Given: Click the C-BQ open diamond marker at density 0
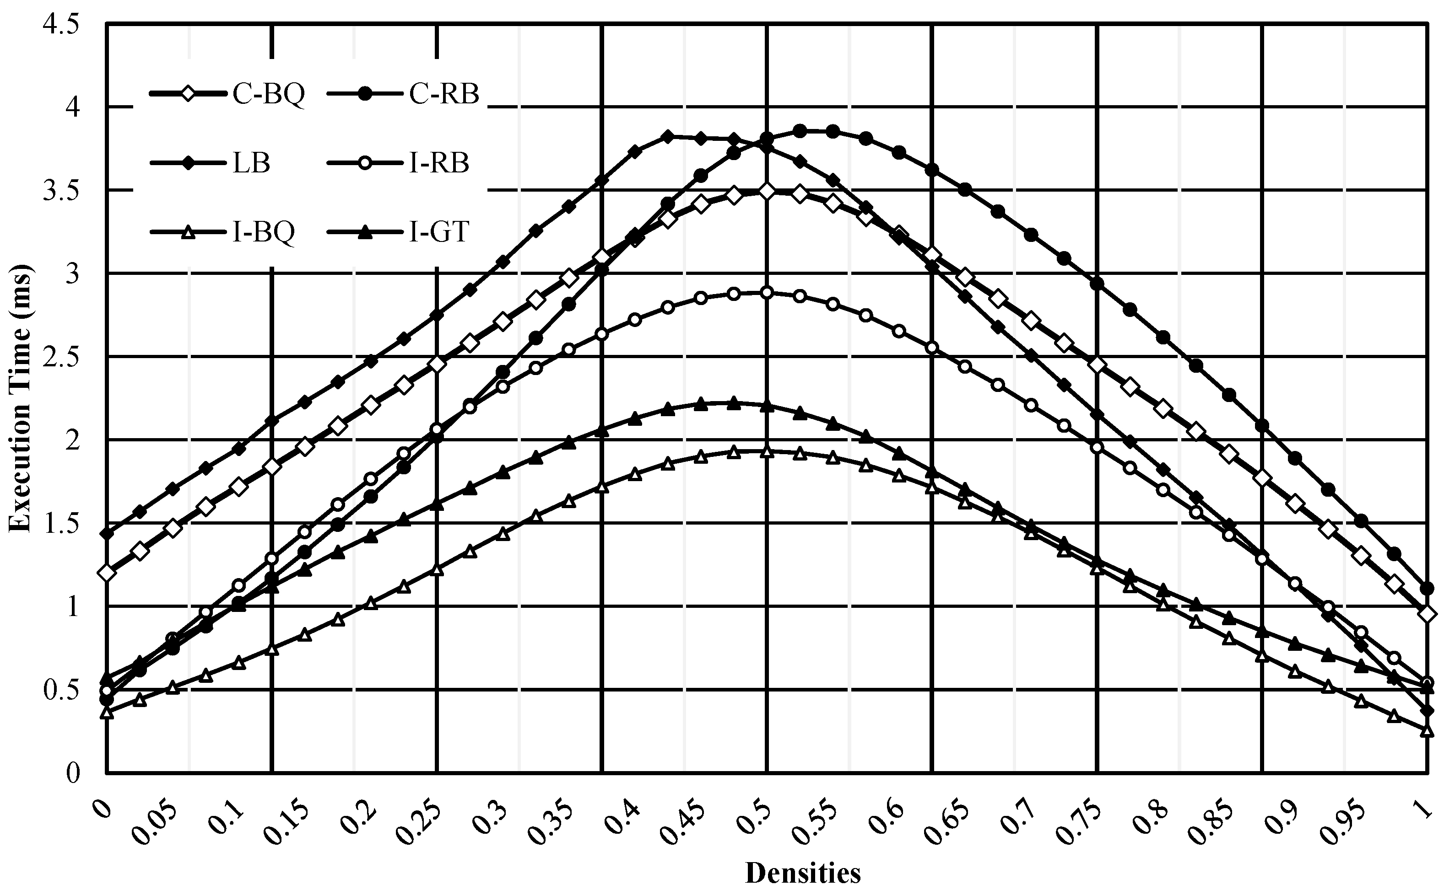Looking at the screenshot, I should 107,572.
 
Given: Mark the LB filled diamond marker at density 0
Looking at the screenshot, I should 107,534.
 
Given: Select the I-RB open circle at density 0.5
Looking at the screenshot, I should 767,293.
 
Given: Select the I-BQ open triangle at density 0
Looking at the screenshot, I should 107,713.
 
